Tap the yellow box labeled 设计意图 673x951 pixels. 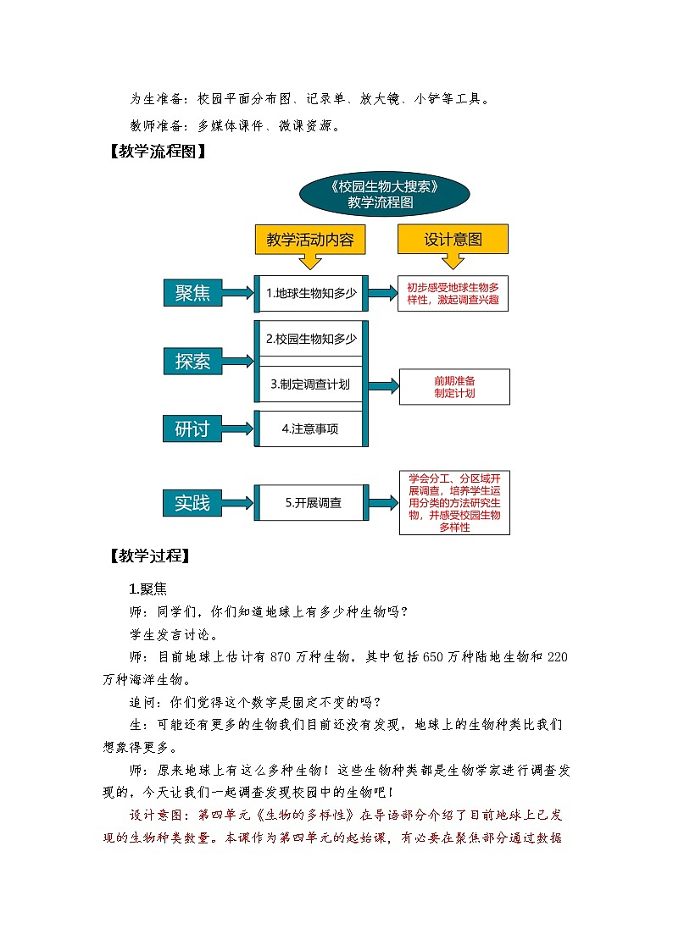pyautogui.click(x=453, y=240)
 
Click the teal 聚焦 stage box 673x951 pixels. pyautogui.click(x=192, y=293)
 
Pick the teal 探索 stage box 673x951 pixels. pyautogui.click(x=192, y=362)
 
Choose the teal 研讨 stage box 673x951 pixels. pyautogui.click(x=192, y=429)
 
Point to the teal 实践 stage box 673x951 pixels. pyautogui.click(x=192, y=502)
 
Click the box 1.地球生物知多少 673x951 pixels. pyautogui.click(x=311, y=293)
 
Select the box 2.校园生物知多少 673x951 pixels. pyautogui.click(x=311, y=339)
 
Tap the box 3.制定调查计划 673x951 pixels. pyautogui.click(x=310, y=384)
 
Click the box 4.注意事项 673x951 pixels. pyautogui.click(x=310, y=429)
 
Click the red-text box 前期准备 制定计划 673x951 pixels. pyautogui.click(x=454, y=387)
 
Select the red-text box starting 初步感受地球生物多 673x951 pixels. pyautogui.click(x=453, y=293)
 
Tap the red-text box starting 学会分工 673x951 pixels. pyautogui.click(x=454, y=502)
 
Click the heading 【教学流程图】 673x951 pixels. pyautogui.click(x=153, y=153)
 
